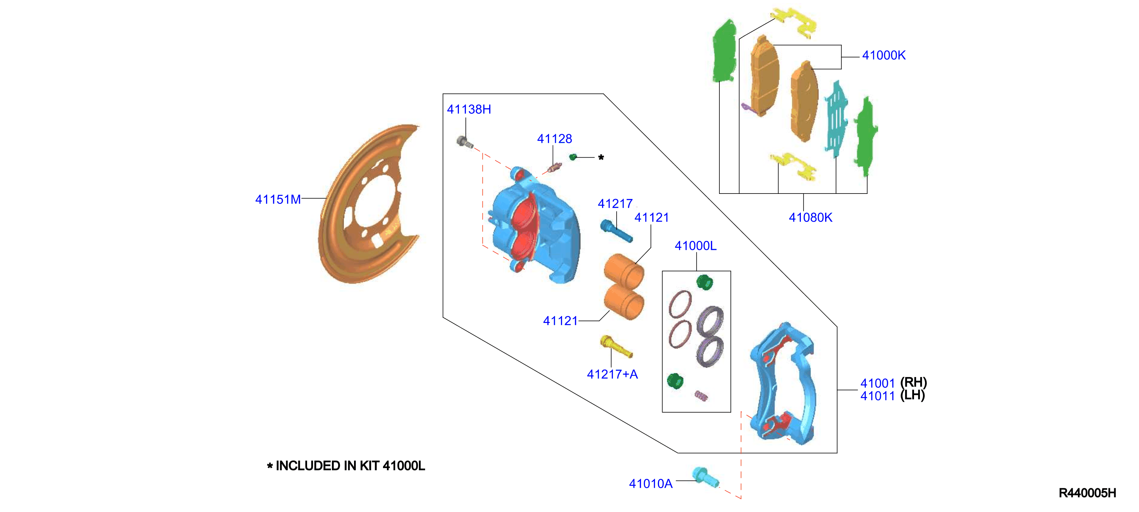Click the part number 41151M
click(278, 199)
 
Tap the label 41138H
click(469, 109)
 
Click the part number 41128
click(554, 139)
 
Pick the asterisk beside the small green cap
click(601, 157)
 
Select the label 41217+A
click(612, 374)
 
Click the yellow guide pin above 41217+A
click(616, 346)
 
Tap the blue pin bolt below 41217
click(616, 231)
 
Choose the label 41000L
click(696, 246)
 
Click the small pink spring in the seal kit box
click(701, 396)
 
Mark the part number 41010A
click(650, 484)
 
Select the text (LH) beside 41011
click(913, 395)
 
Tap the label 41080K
click(811, 218)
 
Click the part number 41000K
click(883, 55)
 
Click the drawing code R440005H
click(1087, 493)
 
